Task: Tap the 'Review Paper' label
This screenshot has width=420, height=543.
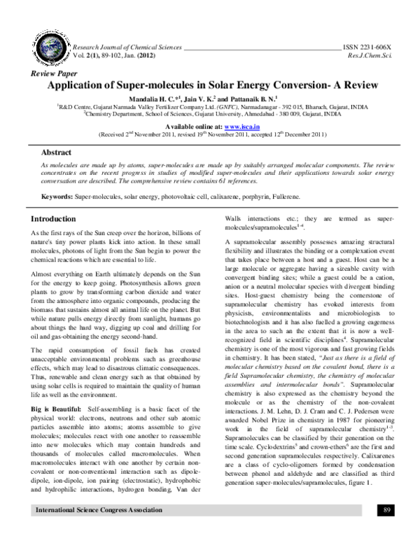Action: pos(47,73)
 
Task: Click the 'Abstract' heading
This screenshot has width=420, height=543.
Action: pos(57,151)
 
